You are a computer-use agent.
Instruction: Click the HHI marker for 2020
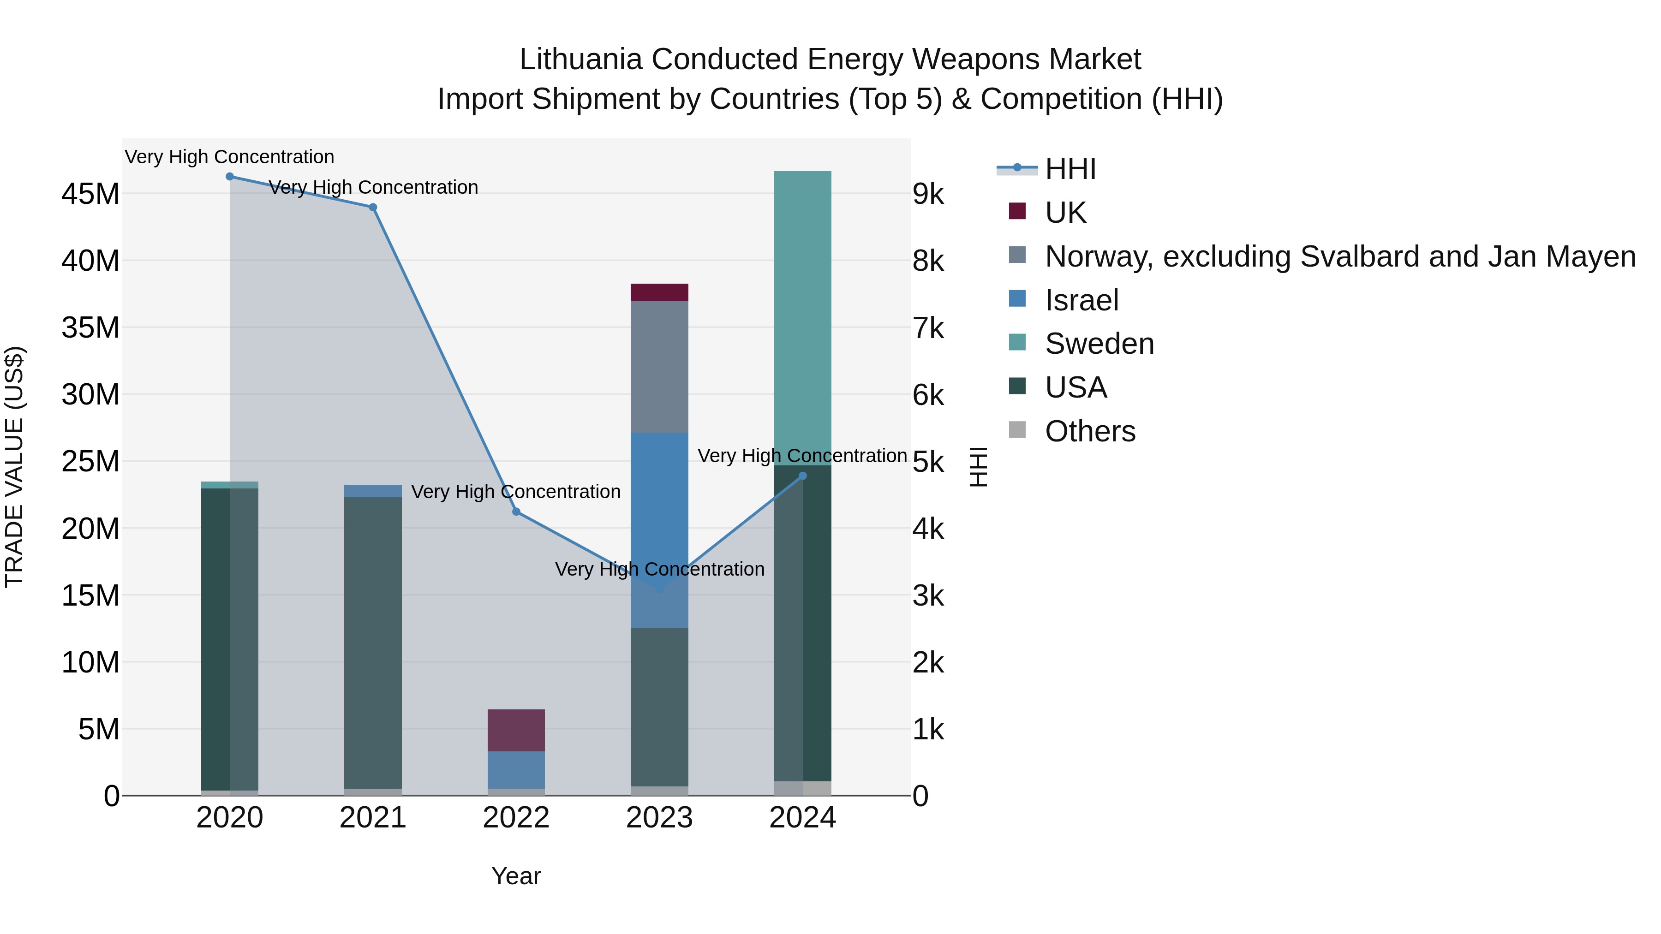(x=230, y=177)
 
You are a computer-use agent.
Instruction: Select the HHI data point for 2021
(x=373, y=208)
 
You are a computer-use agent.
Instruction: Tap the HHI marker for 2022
(x=516, y=512)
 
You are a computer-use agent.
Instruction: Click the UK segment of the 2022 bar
(x=516, y=730)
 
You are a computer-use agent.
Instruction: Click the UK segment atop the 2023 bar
(x=659, y=292)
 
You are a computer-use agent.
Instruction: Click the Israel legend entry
(x=1081, y=300)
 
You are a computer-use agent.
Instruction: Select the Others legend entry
(x=1090, y=431)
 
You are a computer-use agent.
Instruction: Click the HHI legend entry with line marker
(x=1070, y=169)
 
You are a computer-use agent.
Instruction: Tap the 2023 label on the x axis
(x=659, y=818)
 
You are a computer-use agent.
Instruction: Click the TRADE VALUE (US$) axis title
(x=14, y=467)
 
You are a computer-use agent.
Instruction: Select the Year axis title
(x=516, y=876)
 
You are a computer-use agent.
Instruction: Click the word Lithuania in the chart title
(x=580, y=59)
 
